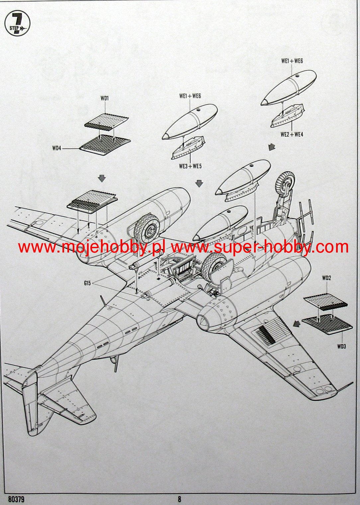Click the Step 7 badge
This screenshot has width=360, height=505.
18,24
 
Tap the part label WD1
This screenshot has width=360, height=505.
105,98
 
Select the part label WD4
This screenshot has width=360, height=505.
57,148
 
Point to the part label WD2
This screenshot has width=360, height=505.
326,278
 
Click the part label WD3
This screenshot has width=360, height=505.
342,346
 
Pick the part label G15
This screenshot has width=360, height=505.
88,283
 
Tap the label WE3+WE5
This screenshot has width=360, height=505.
190,166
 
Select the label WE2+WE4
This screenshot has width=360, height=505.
292,134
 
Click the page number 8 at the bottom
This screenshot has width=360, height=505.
180,499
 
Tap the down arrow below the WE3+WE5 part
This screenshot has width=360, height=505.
199,183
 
